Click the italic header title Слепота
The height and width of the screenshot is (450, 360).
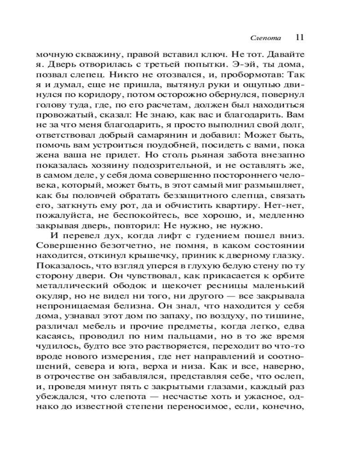click(x=266, y=37)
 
